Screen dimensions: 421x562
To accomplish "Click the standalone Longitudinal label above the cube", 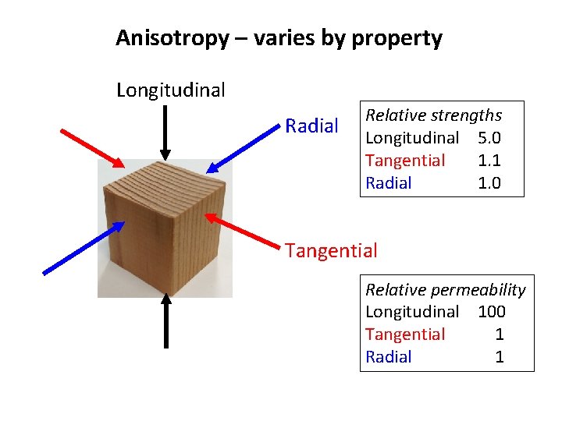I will (170, 90).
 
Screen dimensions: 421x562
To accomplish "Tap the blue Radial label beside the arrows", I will (311, 126).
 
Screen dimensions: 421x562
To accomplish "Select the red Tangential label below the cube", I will (331, 251).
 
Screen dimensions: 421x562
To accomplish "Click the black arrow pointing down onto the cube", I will (165, 133).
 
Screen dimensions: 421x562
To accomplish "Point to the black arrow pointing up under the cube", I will (165, 320).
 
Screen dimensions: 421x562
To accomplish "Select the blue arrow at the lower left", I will (83, 248).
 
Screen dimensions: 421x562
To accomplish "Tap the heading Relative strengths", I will (433, 115).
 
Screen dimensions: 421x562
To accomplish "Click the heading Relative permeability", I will (445, 290).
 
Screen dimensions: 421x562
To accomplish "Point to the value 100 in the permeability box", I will (492, 312).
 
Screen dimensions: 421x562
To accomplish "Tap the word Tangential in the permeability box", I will (405, 334).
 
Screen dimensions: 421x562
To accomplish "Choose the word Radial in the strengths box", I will (389, 183).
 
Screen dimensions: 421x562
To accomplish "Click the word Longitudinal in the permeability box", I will (412, 312).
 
